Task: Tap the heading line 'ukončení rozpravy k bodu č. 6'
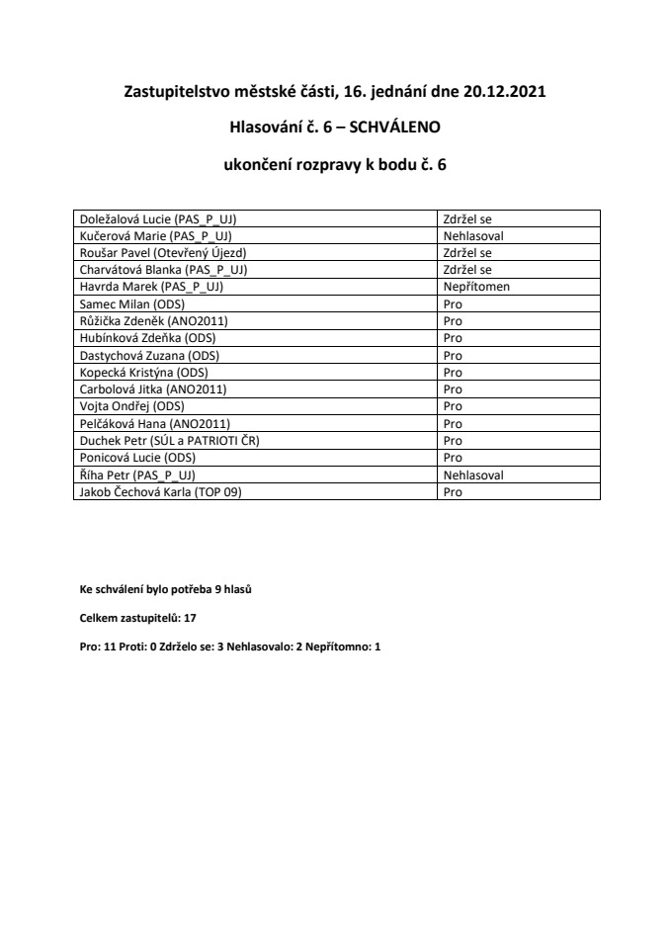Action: click(x=337, y=166)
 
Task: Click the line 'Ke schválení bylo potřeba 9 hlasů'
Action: click(x=165, y=590)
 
